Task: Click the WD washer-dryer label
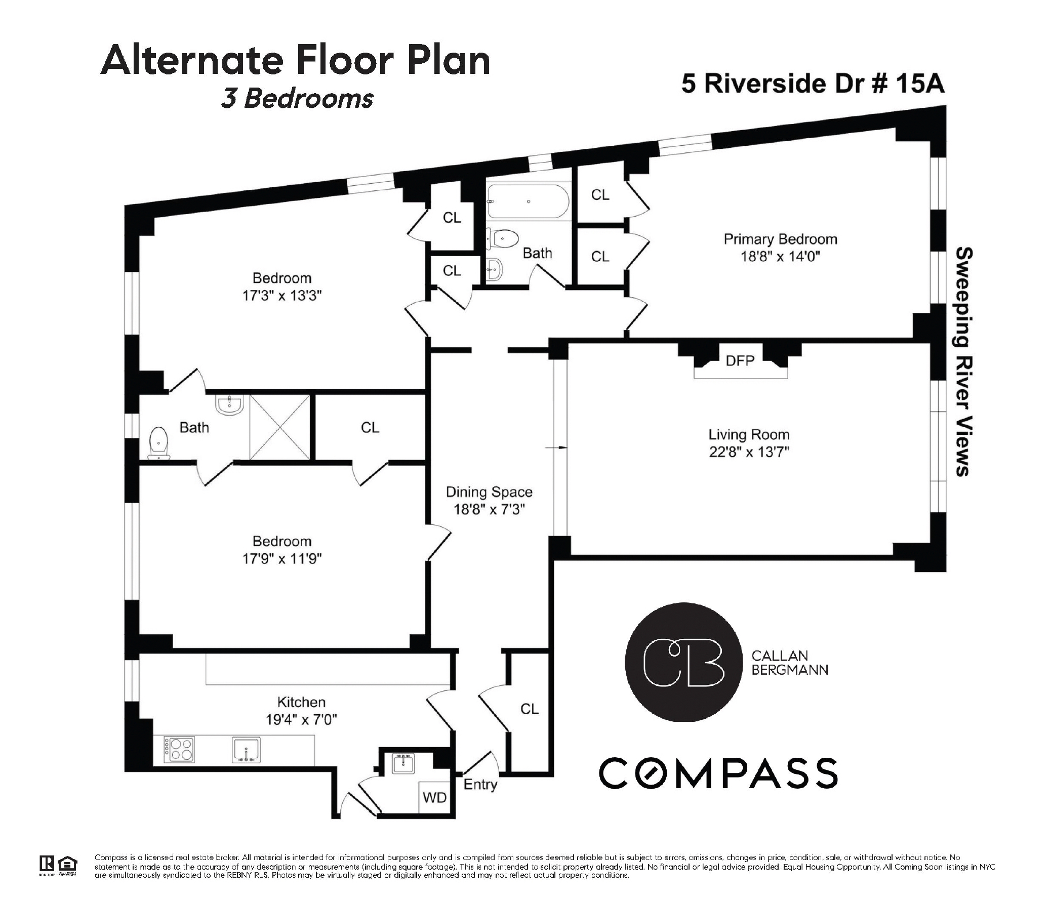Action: coord(434,797)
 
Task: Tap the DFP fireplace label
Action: coord(740,360)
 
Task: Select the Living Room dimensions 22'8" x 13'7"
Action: coord(749,451)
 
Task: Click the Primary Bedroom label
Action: coord(780,239)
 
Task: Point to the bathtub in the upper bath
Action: coord(528,201)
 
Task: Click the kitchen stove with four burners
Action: coord(179,750)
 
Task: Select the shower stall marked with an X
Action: coord(280,427)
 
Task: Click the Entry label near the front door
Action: coord(480,785)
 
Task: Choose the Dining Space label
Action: coord(489,492)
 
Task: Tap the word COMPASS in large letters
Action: coord(718,773)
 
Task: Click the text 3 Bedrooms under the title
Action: coord(298,99)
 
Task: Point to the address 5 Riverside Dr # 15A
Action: coord(813,84)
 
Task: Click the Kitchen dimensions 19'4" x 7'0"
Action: coord(301,720)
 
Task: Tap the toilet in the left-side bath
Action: coord(159,443)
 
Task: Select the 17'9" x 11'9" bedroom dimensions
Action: coord(282,558)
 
